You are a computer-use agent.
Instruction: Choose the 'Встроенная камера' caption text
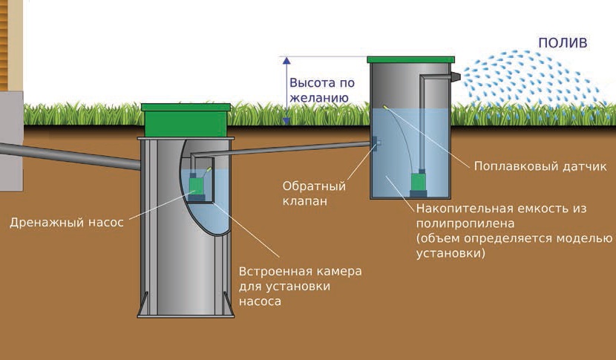(x=299, y=272)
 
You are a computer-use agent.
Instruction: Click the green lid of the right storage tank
(x=411, y=59)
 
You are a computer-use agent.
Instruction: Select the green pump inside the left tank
(x=197, y=184)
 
